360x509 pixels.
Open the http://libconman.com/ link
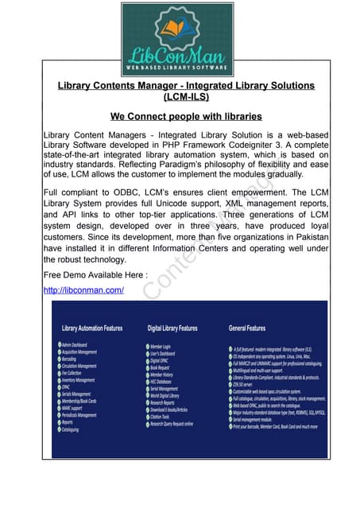[x=83, y=290]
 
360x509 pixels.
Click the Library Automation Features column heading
[x=92, y=327]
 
